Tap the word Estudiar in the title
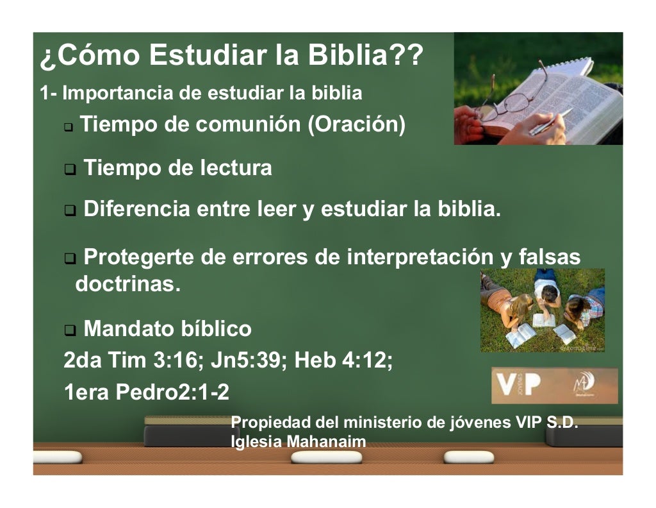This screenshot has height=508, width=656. [x=205, y=56]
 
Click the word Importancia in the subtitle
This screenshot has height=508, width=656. [x=118, y=94]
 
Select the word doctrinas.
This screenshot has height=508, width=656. [x=128, y=284]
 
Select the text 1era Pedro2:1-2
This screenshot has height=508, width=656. [x=146, y=392]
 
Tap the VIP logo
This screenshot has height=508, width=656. [x=519, y=385]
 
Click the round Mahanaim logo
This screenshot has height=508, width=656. [x=584, y=384]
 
